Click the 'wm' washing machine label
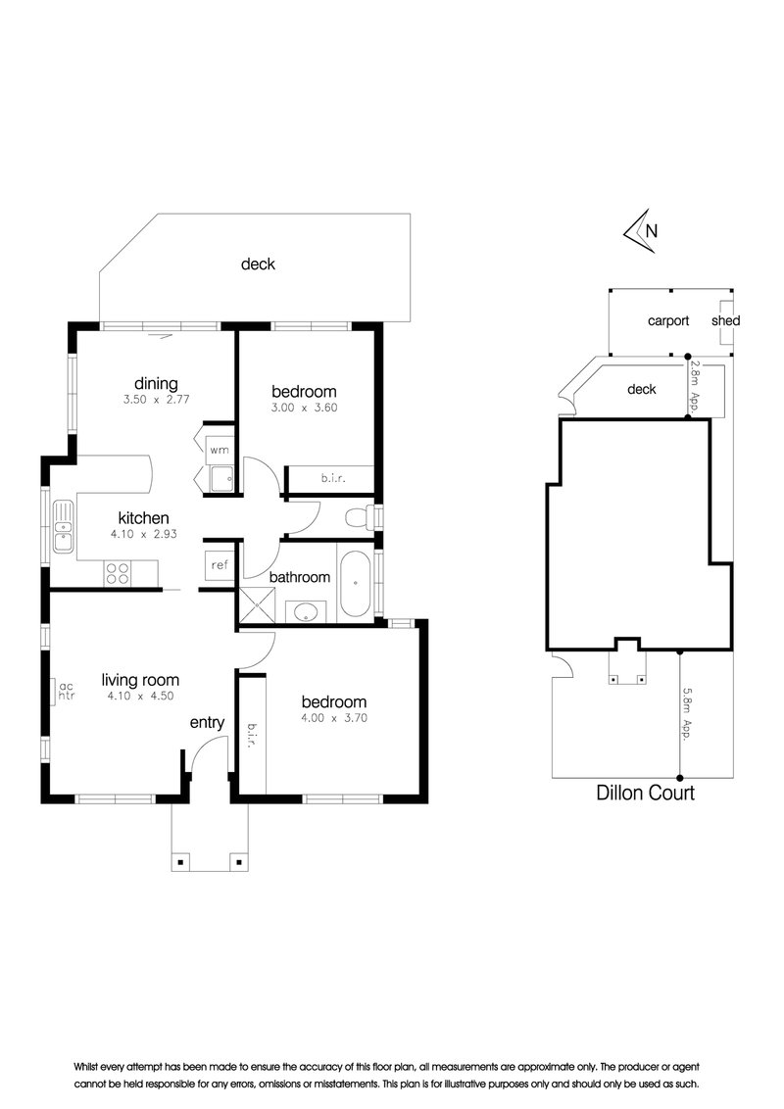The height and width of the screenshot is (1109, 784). [x=220, y=450]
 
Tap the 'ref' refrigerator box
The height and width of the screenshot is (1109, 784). [x=220, y=565]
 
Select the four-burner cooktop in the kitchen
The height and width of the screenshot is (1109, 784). [x=119, y=572]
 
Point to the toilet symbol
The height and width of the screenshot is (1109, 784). [x=361, y=517]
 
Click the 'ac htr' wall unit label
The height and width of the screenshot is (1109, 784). [x=67, y=691]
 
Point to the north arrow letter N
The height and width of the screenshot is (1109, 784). [x=652, y=230]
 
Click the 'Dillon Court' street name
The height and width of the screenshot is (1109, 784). [x=645, y=793]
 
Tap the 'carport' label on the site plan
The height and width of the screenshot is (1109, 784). [x=668, y=320]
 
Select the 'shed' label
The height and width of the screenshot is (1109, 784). [x=725, y=320]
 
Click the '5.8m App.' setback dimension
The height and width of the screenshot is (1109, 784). [x=686, y=713]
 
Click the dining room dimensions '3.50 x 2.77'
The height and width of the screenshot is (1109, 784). [x=157, y=400]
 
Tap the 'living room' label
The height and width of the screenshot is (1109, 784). [x=140, y=681]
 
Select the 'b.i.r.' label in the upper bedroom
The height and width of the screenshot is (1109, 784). [x=332, y=479]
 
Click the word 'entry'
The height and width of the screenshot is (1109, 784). [x=207, y=723]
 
